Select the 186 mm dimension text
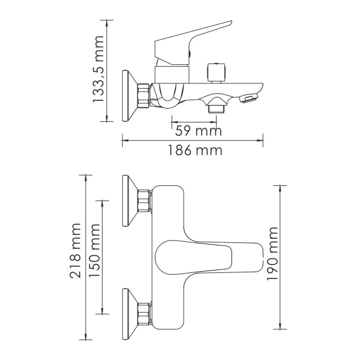(193, 151)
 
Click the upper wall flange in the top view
(128, 202)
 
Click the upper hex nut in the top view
(143, 202)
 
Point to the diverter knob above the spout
(217, 72)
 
